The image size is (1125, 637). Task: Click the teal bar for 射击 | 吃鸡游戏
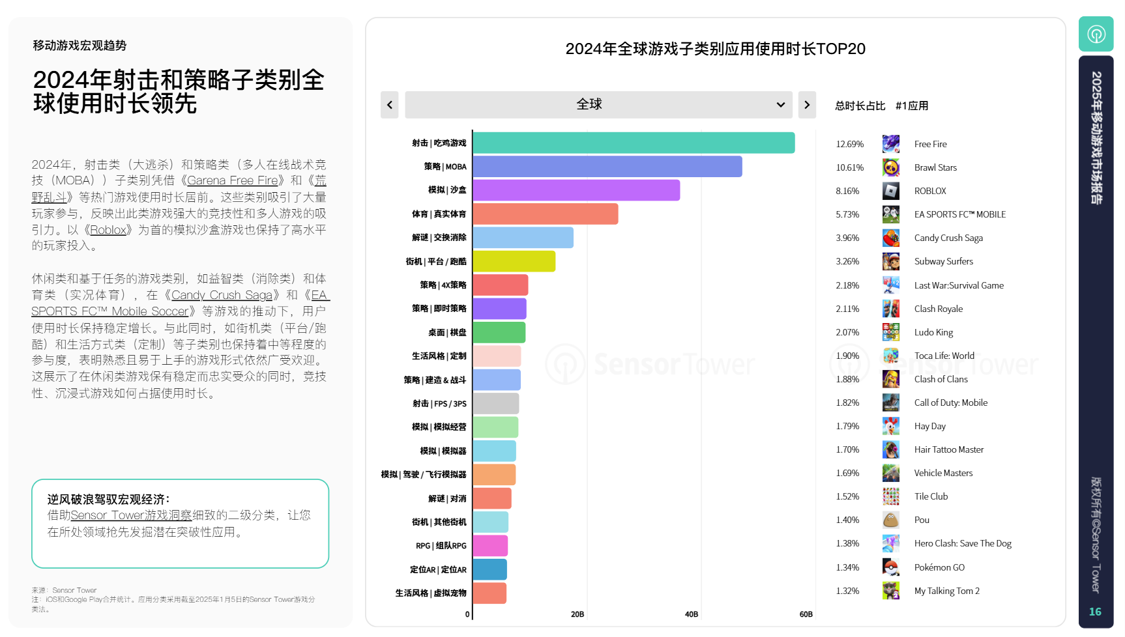point(634,143)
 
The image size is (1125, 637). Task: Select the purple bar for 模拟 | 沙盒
point(576,190)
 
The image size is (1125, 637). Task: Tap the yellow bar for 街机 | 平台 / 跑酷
point(514,261)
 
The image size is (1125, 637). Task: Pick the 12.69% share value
point(849,144)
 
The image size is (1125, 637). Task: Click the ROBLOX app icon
point(890,191)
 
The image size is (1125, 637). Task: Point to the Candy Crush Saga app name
point(948,238)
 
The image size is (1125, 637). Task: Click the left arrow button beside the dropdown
point(390,105)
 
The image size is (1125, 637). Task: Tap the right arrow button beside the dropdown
point(807,105)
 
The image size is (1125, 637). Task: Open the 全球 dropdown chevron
point(780,105)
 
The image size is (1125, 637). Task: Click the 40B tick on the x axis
point(692,614)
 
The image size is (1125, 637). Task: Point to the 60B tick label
point(806,614)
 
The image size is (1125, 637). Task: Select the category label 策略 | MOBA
point(445,167)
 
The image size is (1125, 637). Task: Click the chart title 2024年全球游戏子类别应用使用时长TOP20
point(715,49)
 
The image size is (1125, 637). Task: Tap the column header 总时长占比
point(860,106)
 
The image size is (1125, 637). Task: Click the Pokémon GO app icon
point(890,567)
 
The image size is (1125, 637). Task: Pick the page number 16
point(1095,612)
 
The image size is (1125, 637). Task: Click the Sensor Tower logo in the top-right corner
point(1096,34)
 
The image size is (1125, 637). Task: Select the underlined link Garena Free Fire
point(233,180)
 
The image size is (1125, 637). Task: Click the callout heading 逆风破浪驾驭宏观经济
point(108,499)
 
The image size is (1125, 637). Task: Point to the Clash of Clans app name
point(941,379)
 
